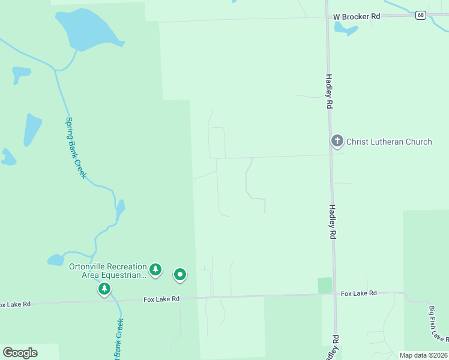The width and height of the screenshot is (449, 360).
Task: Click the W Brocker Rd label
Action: (357, 16)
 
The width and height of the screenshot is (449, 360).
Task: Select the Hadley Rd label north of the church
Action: (329, 91)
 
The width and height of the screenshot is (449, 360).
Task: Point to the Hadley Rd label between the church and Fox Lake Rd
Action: (331, 222)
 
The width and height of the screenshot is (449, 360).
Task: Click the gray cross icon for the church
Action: (337, 142)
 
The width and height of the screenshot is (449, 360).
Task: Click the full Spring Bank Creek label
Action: (76, 147)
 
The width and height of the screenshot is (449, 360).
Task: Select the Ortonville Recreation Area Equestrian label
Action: (107, 271)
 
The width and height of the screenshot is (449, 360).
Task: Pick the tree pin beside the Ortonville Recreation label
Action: (155, 269)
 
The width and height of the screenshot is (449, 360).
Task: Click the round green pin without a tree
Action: (180, 275)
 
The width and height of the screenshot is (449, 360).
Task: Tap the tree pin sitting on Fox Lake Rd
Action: (104, 289)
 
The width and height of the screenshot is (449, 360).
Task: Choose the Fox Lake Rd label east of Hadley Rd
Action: (358, 293)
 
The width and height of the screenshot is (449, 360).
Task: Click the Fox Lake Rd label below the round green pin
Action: (161, 299)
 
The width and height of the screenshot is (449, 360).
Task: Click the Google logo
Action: (20, 353)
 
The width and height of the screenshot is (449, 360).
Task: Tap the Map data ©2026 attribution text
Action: (423, 355)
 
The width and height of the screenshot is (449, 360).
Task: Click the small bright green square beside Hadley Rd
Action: (325, 285)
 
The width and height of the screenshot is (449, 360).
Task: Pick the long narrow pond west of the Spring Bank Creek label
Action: (32, 129)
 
